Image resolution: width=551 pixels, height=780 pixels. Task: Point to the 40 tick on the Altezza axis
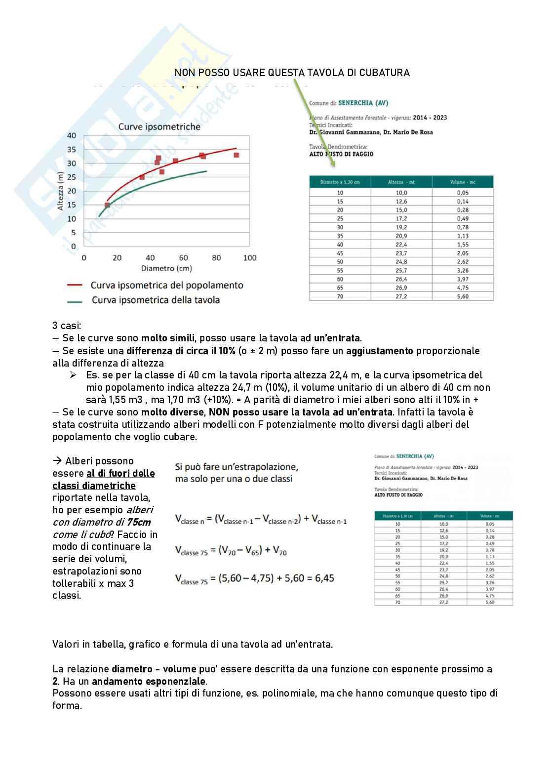pyautogui.click(x=72, y=136)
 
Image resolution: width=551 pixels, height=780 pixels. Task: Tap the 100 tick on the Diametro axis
pyautogui.click(x=250, y=257)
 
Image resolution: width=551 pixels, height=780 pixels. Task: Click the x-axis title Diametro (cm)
pyautogui.click(x=166, y=269)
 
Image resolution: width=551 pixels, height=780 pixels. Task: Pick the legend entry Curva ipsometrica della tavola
pyautogui.click(x=156, y=300)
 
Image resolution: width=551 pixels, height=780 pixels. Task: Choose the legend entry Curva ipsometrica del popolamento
pyautogui.click(x=167, y=285)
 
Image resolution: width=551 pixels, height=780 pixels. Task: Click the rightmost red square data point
pyautogui.click(x=236, y=155)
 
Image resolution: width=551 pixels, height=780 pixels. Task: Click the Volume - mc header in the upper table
pyautogui.click(x=463, y=182)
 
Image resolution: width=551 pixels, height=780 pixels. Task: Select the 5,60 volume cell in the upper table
pyautogui.click(x=463, y=296)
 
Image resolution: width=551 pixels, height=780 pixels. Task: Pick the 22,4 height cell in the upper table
pyautogui.click(x=401, y=245)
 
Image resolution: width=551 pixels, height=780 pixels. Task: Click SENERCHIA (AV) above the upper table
pyautogui.click(x=363, y=103)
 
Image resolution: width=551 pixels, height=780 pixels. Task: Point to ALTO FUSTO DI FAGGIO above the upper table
pyautogui.click(x=341, y=154)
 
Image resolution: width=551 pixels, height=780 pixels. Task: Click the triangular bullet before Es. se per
pyautogui.click(x=73, y=375)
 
